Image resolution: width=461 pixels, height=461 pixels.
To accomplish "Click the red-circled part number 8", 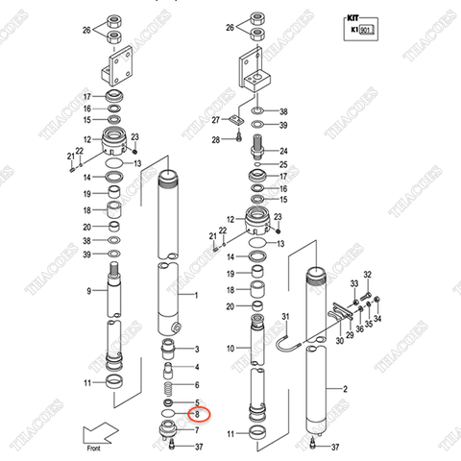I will pyautogui.click(x=197, y=415).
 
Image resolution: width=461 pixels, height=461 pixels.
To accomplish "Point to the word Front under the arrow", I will pyautogui.click(x=93, y=448).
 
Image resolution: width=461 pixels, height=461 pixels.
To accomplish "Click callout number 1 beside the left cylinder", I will pyautogui.click(x=196, y=296).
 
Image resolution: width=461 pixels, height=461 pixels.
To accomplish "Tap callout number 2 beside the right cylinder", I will pyautogui.click(x=344, y=389).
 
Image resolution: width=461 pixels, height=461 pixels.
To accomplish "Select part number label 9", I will pyautogui.click(x=88, y=291).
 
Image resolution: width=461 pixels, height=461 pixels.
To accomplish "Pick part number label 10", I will pyautogui.click(x=230, y=348).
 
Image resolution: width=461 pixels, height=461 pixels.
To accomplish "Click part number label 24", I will pyautogui.click(x=282, y=151).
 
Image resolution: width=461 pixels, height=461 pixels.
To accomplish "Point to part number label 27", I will pyautogui.click(x=217, y=120).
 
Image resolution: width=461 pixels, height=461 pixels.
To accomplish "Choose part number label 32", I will pyautogui.click(x=367, y=276).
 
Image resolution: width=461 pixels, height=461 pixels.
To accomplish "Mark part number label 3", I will pyautogui.click(x=197, y=349).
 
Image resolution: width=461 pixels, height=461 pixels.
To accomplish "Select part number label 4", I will pyautogui.click(x=197, y=367).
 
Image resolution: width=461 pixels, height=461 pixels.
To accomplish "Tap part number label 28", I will pyautogui.click(x=217, y=140).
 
